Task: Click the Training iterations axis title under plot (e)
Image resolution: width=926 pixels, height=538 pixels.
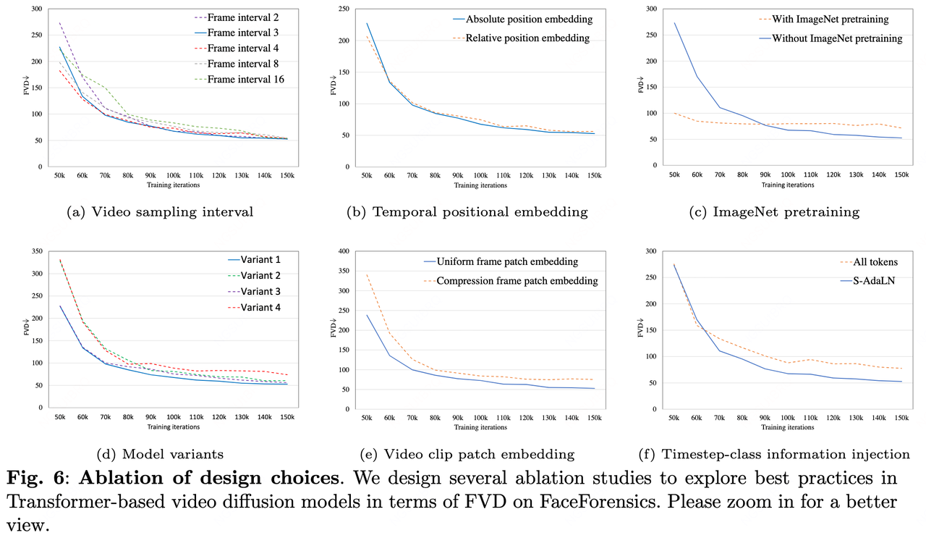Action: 480,427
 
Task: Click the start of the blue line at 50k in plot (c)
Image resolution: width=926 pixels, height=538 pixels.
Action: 674,22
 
